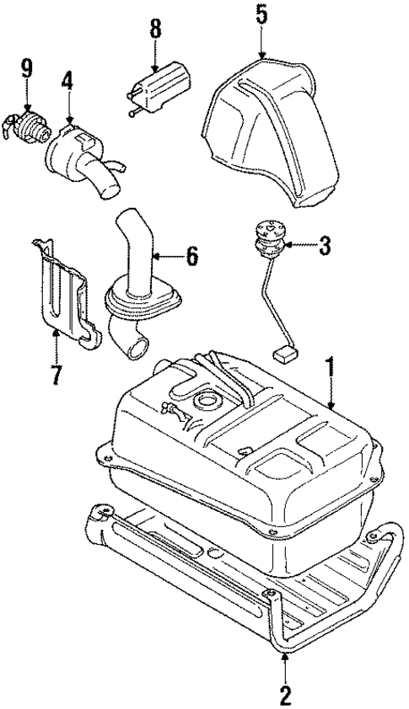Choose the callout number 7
pos(56,373)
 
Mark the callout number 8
pos(155,29)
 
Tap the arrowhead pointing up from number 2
pos(285,655)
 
